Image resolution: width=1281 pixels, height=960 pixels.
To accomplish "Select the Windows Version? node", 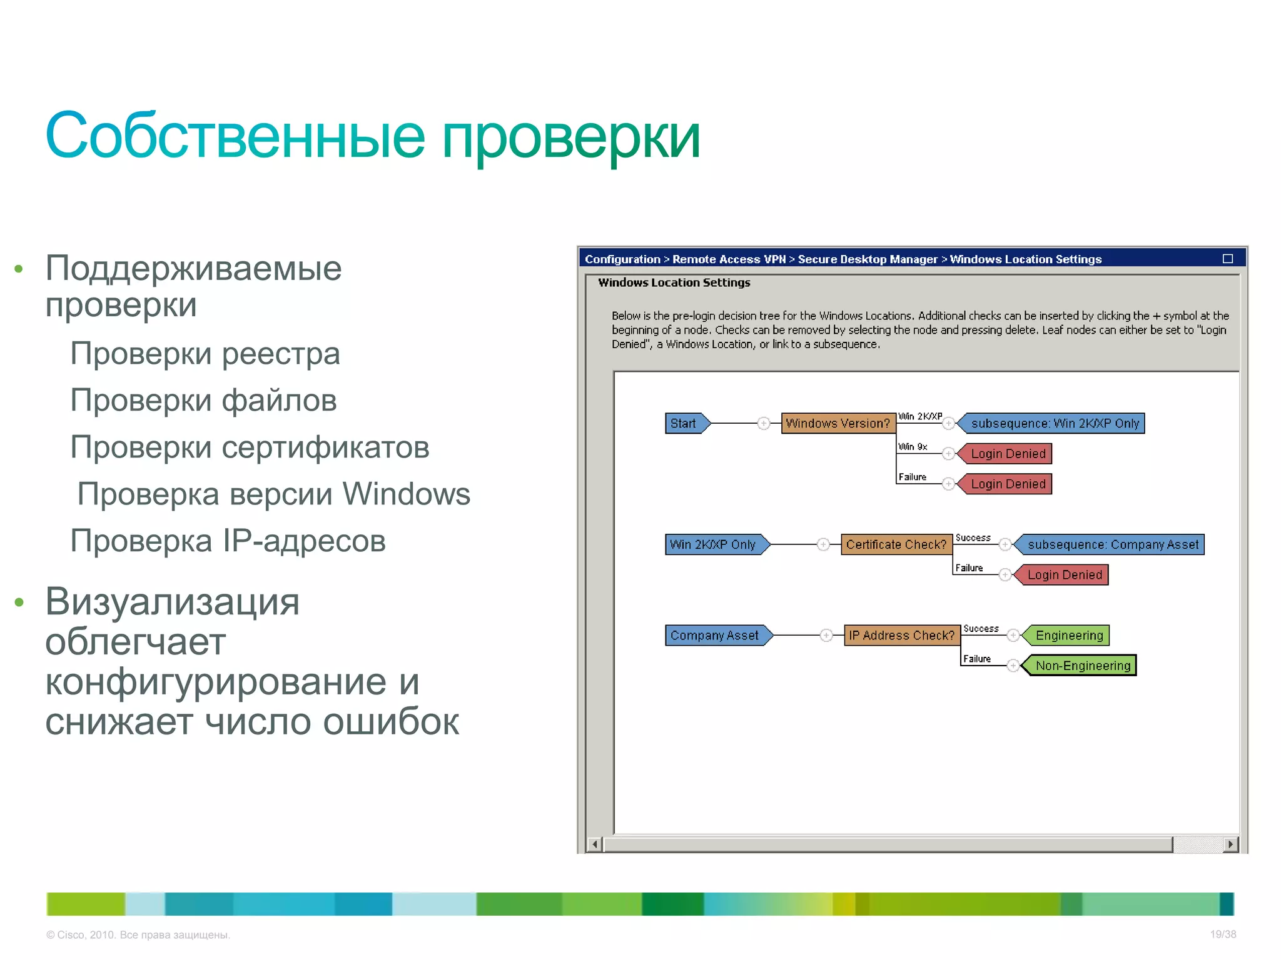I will (838, 423).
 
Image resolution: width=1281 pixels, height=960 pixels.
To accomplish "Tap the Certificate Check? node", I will (896, 544).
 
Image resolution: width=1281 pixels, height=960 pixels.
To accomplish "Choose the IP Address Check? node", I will (901, 635).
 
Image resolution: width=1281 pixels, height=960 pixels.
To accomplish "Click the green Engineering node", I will (1068, 635).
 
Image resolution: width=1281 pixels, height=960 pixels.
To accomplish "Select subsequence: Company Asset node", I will (1112, 544).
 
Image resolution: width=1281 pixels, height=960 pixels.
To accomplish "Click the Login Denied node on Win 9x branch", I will (1007, 454).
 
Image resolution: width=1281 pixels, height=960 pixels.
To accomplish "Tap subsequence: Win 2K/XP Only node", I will (1055, 423).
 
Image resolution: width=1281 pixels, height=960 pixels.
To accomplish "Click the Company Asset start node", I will (715, 635).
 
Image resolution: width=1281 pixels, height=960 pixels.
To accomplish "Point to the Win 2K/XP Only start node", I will (714, 544).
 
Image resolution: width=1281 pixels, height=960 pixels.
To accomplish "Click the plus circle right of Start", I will (763, 423).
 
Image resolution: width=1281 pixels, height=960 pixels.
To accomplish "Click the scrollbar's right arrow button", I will (1230, 844).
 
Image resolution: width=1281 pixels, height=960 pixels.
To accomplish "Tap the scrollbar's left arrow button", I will (595, 844).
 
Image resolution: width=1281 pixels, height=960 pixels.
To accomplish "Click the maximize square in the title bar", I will (1227, 259).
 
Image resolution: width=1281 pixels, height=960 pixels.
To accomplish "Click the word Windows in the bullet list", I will (406, 494).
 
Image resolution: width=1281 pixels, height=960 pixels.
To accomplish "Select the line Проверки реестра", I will (205, 354).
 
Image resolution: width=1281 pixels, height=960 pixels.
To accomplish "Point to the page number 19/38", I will (1222, 934).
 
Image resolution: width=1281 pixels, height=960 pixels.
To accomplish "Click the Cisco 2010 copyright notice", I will (138, 935).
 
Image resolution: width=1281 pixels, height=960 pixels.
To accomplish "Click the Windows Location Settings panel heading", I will (674, 282).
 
